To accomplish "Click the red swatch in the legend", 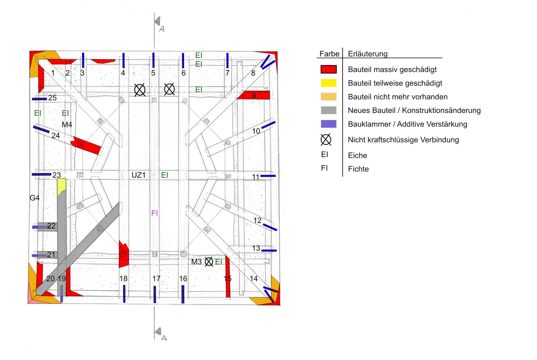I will (329, 69).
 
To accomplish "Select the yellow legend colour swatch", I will (329, 83).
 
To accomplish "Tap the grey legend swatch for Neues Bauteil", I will (329, 110).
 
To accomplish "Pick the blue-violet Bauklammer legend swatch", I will (329, 124).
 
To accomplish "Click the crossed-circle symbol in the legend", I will (326, 140).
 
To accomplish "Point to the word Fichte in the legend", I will (358, 169).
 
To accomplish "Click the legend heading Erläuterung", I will (367, 54).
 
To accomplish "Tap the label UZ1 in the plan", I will (138, 175).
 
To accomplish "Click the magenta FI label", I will (155, 213).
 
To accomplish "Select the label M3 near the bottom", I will (196, 262).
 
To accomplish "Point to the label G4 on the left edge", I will (35, 198).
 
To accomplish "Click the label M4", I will (67, 125).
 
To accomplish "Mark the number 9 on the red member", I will (254, 95).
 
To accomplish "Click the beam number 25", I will (52, 98).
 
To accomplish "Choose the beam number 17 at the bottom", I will (156, 279).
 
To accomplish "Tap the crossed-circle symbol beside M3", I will (209, 262).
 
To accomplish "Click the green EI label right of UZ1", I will (165, 175).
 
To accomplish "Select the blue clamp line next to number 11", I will (268, 176).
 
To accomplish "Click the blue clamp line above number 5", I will (153, 60).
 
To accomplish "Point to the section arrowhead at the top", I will (158, 21).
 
